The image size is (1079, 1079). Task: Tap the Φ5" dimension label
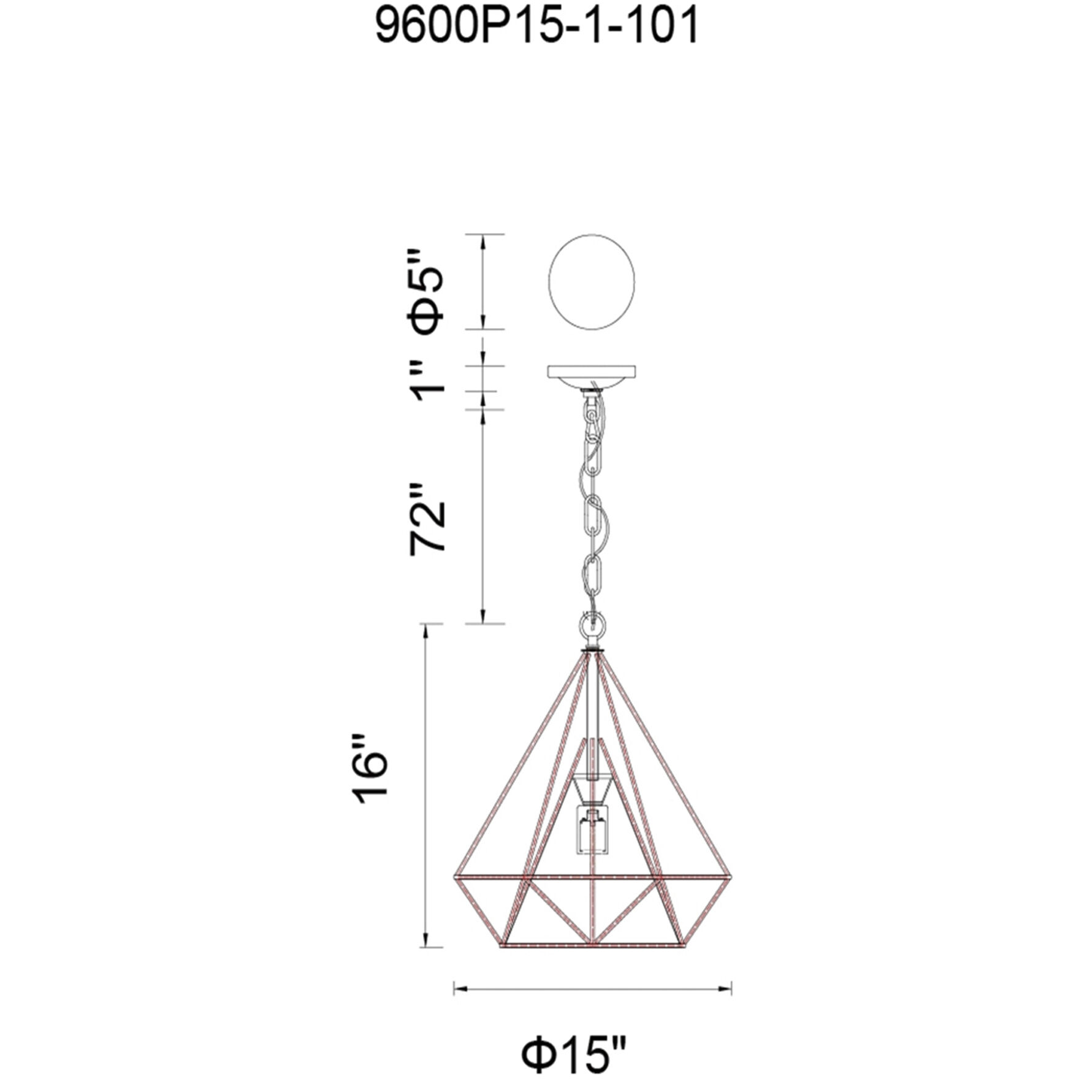(x=426, y=291)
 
